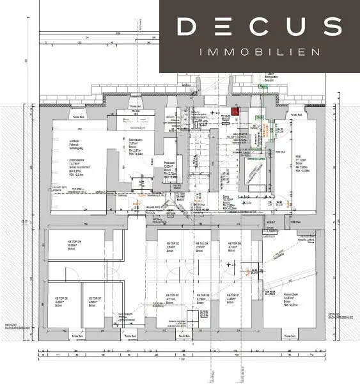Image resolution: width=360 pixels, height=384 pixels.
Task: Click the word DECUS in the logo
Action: click(259, 26)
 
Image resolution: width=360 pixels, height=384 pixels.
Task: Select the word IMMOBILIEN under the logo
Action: click(259, 51)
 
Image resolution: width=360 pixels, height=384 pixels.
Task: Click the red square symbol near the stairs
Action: click(235, 111)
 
